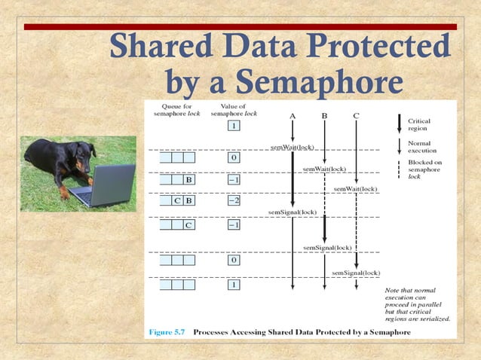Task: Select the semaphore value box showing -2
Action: click(x=234, y=201)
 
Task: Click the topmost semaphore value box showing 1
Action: click(x=234, y=126)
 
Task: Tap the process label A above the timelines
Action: click(x=293, y=115)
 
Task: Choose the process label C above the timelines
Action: click(x=356, y=115)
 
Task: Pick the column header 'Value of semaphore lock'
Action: click(x=234, y=110)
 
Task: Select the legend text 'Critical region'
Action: click(x=419, y=124)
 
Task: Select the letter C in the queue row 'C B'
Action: click(x=176, y=201)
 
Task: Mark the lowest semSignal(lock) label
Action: click(x=356, y=272)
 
